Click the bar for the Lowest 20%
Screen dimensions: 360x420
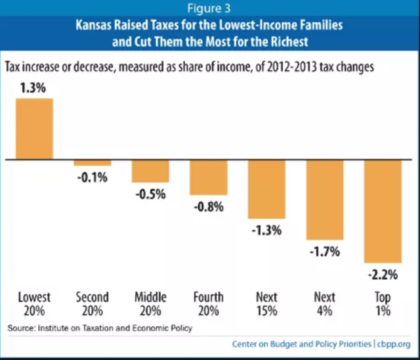coord(34,128)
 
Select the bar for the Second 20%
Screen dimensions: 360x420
coord(93,162)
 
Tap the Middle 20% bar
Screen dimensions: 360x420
coord(150,170)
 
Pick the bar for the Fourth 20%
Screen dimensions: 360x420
coord(209,177)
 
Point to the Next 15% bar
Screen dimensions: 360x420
coord(266,189)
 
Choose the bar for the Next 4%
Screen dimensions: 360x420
coord(324,199)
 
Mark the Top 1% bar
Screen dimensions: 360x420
coord(383,210)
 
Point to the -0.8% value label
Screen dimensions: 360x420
coord(209,206)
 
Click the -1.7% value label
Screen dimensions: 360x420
coord(325,251)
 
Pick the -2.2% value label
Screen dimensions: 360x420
coord(383,273)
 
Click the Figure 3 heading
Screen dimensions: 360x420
coord(210,9)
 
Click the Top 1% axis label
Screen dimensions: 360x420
coord(383,303)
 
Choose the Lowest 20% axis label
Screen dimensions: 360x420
coord(34,303)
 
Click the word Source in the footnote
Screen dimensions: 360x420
coord(24,326)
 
